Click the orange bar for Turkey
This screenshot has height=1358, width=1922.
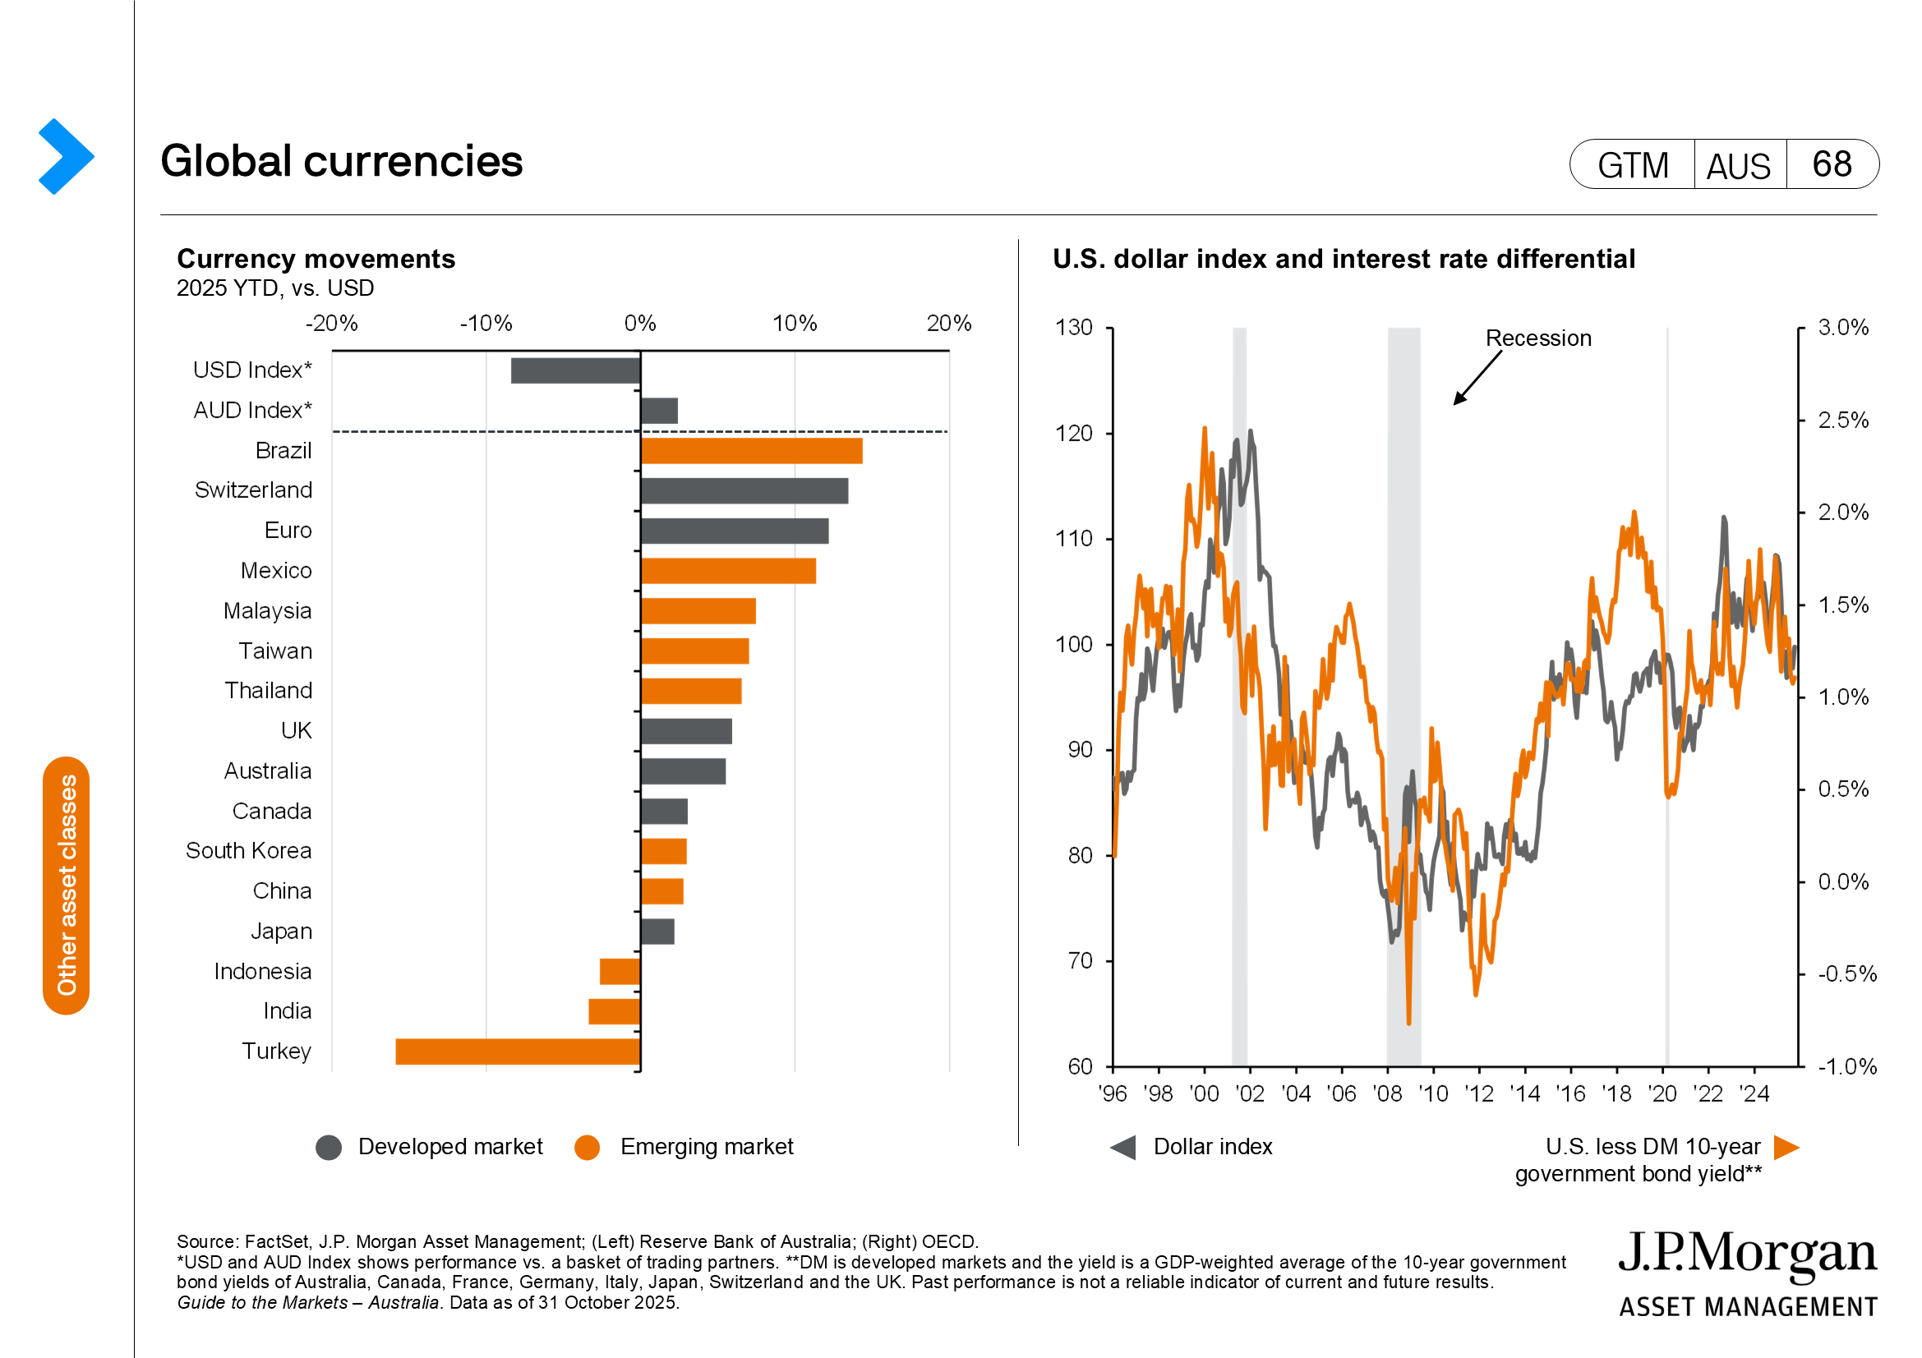coord(518,1051)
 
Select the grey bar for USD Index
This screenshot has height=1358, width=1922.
coord(575,371)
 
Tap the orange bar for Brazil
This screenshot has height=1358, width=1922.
coord(751,451)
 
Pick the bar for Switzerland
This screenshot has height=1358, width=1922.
coord(744,491)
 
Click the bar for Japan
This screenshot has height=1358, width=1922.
coord(657,932)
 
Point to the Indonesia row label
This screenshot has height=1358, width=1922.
coord(262,971)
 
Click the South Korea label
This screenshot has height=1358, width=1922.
coord(248,851)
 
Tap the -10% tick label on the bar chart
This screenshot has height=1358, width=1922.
coord(486,324)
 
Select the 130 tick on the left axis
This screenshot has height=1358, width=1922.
coord(1073,327)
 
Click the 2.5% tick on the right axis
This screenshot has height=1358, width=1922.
coord(1842,420)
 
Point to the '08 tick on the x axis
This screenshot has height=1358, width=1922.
coord(1387,1093)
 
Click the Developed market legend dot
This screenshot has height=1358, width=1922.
coord(329,1147)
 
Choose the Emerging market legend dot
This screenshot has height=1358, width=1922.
coord(587,1147)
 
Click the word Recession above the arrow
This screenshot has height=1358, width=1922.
coord(1537,338)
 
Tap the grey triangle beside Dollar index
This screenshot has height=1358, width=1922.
coord(1123,1147)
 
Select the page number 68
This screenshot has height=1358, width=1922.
coord(1832,164)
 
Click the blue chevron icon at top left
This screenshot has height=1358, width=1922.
coord(65,156)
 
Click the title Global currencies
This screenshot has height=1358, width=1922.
coord(341,162)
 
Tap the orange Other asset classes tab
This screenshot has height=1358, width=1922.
coord(66,886)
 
